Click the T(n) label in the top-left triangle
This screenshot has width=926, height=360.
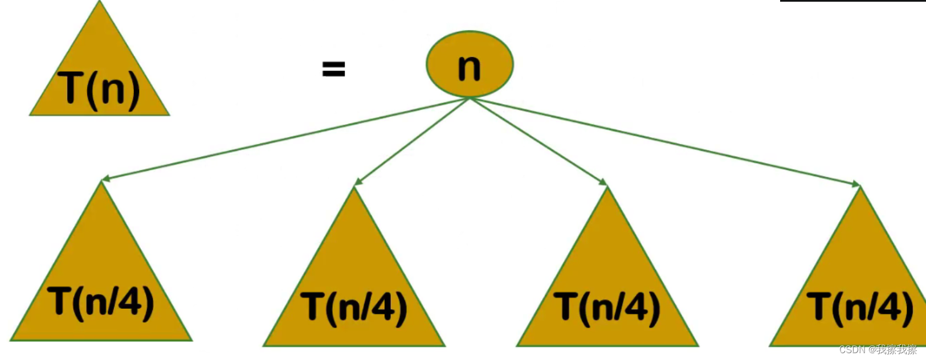click(x=99, y=89)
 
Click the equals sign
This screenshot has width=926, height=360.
click(x=333, y=68)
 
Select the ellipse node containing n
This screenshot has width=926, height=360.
click(x=470, y=64)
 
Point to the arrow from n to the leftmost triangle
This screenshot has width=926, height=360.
click(x=285, y=140)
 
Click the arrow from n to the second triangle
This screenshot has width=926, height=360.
click(x=412, y=141)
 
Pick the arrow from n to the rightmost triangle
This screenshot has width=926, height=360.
click(x=665, y=142)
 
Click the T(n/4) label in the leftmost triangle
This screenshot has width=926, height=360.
click(x=100, y=304)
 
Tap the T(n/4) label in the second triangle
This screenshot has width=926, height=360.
click(x=354, y=308)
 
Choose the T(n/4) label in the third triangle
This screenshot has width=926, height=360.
click(x=606, y=308)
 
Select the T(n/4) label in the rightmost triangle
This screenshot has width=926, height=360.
click(x=860, y=308)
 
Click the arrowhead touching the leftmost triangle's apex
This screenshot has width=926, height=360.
click(x=105, y=178)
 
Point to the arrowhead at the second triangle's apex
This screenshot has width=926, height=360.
click(x=358, y=182)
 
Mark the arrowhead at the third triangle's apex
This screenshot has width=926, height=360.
click(x=603, y=182)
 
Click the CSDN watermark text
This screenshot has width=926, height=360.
click(x=878, y=350)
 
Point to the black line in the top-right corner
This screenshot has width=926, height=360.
click(x=853, y=1)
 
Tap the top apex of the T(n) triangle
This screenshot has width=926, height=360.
click(x=100, y=1)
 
